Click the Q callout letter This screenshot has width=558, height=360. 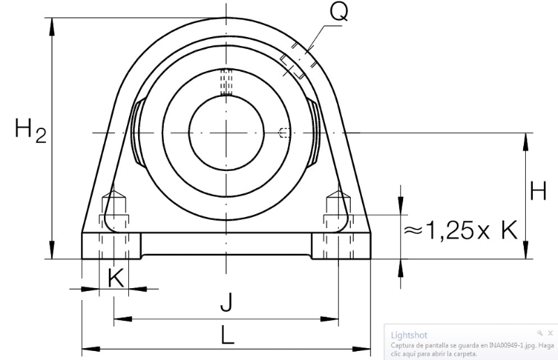point(338,12)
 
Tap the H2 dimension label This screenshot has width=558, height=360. point(31,130)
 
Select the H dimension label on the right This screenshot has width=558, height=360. point(538,191)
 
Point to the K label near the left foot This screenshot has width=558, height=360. point(116,278)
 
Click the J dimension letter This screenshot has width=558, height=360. point(226,302)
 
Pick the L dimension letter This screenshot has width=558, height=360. point(227,335)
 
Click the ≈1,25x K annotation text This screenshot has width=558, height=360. point(460,230)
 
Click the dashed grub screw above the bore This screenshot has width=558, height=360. point(226,82)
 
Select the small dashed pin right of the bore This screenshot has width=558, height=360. point(285,133)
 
